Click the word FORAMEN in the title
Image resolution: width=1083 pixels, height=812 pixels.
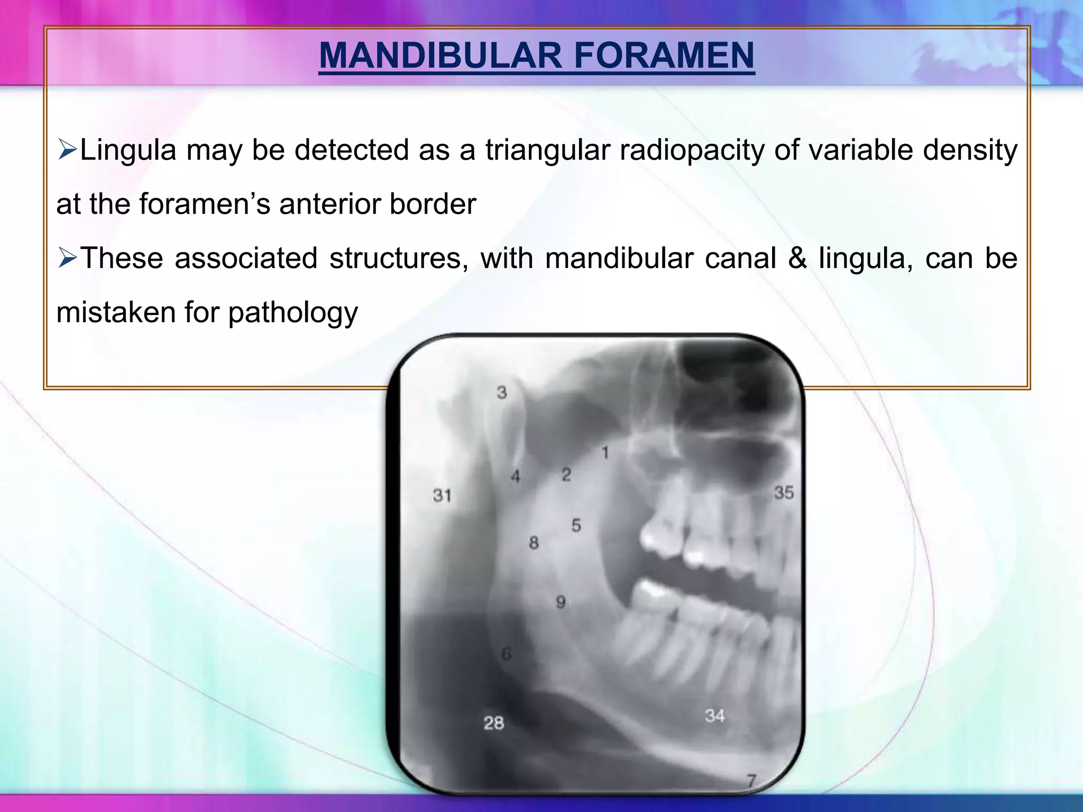pos(664,56)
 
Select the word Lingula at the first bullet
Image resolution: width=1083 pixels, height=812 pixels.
pos(128,150)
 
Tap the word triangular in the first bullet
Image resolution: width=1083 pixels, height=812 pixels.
pos(547,150)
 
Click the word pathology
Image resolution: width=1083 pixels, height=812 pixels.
pos(293,313)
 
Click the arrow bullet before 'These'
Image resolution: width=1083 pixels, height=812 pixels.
pos(67,259)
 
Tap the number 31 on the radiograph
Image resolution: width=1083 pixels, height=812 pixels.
pos(442,496)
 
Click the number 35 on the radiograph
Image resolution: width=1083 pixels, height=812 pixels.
pos(784,493)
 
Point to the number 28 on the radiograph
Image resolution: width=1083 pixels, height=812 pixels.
pos(493,723)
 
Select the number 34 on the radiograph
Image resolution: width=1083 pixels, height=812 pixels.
pos(714,716)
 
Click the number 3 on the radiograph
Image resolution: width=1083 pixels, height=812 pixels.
pos(502,393)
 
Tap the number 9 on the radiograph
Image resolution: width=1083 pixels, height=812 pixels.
pos(561,602)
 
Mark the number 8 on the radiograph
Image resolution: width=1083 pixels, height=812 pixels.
pos(534,543)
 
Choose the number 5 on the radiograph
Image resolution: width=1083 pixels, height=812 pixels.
pos(576,525)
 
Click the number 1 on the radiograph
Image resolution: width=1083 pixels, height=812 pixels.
pos(605,453)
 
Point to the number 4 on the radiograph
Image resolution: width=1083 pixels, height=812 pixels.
pos(515,477)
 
